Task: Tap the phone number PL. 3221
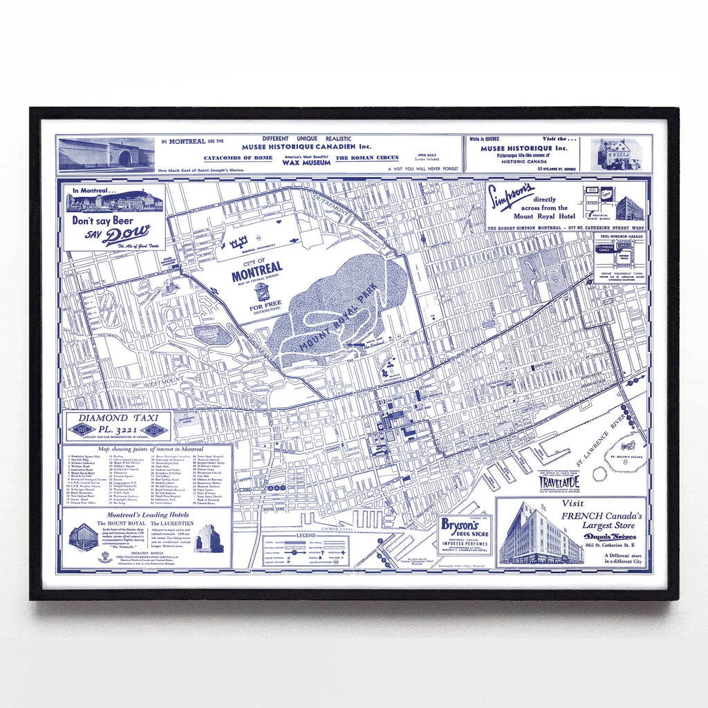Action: coord(118,429)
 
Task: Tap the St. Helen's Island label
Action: coord(626,457)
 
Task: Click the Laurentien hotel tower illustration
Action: coord(208,537)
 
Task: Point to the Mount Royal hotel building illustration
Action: coord(84,537)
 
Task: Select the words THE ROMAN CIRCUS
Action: coord(367,158)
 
